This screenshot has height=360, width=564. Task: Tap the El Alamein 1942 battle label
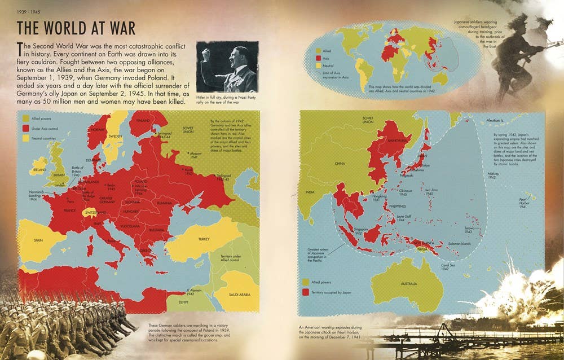point(194,292)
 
